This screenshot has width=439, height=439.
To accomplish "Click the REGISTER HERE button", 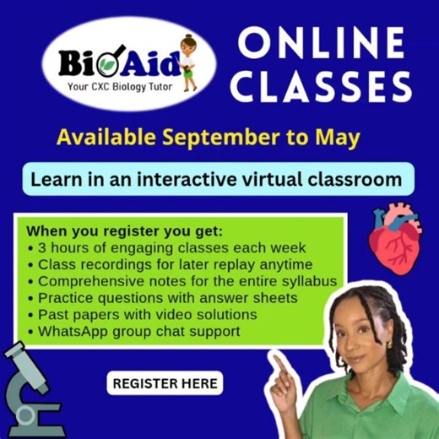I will [165, 383].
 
